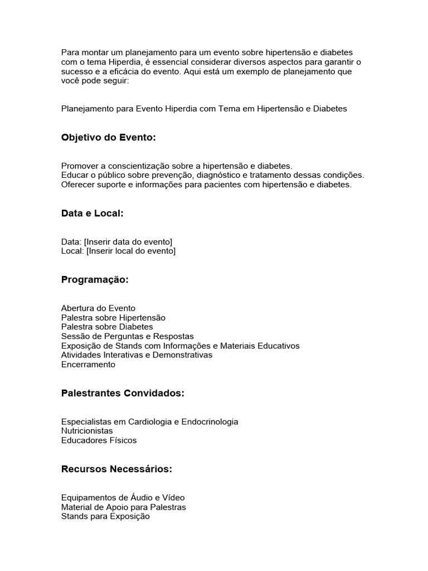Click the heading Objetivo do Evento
tap(109, 138)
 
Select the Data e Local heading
tap(92, 213)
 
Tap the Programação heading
tap(95, 280)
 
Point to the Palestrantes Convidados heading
tap(123, 394)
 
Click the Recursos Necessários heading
tap(116, 470)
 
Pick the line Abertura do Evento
tap(98, 308)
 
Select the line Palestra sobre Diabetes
tap(107, 327)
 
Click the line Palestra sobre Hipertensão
tap(113, 317)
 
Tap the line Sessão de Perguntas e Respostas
tap(128, 336)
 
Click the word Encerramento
tap(88, 365)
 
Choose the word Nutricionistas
tap(87, 431)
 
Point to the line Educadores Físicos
tap(99, 441)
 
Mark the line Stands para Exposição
tap(105, 517)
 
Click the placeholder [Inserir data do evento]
tap(128, 241)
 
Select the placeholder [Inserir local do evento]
tap(130, 251)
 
